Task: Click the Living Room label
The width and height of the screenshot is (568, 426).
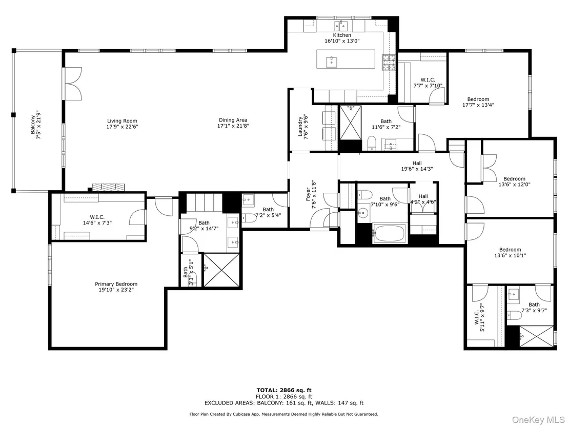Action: [122, 124]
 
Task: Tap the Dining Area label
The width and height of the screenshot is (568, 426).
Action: [233, 123]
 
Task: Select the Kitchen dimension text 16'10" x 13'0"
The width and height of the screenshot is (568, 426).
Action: [342, 41]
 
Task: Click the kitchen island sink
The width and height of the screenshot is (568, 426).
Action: [332, 62]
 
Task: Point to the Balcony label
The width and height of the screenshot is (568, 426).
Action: [35, 125]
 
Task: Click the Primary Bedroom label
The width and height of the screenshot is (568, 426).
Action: [116, 287]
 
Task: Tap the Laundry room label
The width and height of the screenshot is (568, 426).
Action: [303, 127]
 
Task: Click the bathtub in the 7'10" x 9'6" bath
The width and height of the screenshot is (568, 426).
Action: [389, 234]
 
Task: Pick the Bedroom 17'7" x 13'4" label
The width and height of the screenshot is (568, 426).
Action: [478, 102]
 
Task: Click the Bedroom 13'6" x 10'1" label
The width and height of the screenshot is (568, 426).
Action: [510, 252]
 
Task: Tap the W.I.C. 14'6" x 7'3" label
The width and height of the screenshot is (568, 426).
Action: [97, 219]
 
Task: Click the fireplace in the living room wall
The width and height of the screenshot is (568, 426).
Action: [108, 187]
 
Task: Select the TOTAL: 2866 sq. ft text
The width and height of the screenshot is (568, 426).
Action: [284, 390]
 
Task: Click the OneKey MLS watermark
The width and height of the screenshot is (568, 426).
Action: [537, 419]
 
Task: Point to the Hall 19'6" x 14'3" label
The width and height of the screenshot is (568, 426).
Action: [417, 166]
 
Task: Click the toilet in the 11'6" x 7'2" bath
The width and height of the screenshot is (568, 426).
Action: [372, 143]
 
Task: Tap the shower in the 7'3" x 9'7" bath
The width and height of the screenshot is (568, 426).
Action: [537, 337]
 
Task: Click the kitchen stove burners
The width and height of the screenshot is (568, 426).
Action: [390, 63]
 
